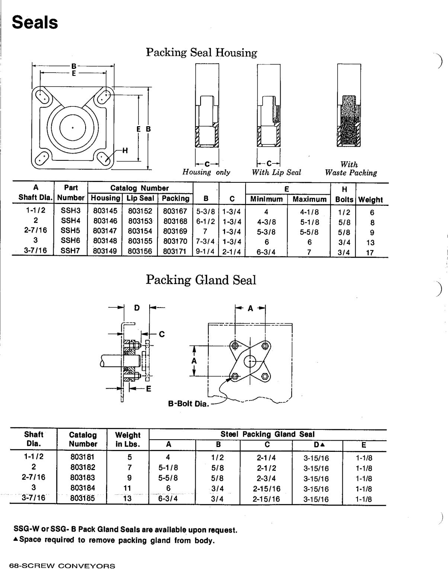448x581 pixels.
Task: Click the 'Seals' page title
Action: pos(35,23)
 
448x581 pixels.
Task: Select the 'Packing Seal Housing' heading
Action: pos(201,52)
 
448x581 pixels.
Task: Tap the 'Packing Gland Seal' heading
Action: pos(201,280)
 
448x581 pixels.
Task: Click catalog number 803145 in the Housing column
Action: pos(105,211)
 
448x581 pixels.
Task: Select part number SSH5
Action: pos(71,231)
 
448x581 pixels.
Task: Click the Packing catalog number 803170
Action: pos(175,241)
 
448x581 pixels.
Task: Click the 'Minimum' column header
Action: pos(266,199)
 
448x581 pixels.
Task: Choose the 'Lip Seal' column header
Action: pos(140,198)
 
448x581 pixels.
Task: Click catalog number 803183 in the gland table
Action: pos(83,478)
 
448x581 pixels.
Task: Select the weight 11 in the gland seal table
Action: pos(127,488)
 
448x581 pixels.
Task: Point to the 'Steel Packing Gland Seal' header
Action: pos(267,434)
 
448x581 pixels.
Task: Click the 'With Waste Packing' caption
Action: pos(351,169)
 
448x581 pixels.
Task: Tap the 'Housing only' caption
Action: pos(206,172)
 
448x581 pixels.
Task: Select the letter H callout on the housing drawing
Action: pos(125,150)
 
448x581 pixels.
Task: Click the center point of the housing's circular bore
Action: pos(73,127)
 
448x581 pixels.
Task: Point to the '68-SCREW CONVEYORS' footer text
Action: pos(63,566)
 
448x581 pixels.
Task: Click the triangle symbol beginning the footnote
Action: pos(16,540)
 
